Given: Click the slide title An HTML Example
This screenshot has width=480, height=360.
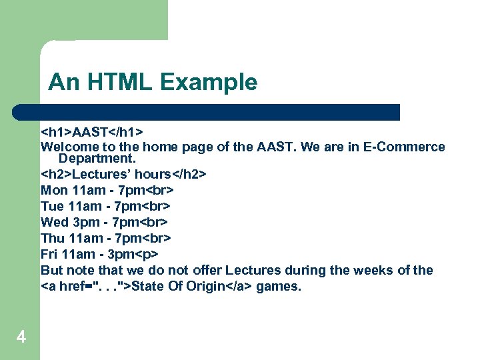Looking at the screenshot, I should coord(153,83).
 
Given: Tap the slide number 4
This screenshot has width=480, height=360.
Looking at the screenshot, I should coord(21,338).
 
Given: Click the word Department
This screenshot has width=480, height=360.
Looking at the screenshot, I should coord(97,159).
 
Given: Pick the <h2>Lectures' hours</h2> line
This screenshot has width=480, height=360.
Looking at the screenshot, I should coord(123,175).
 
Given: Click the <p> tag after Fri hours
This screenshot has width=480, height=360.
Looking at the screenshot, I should coord(148,254).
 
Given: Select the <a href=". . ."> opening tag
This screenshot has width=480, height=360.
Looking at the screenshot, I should coord(86,287).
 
